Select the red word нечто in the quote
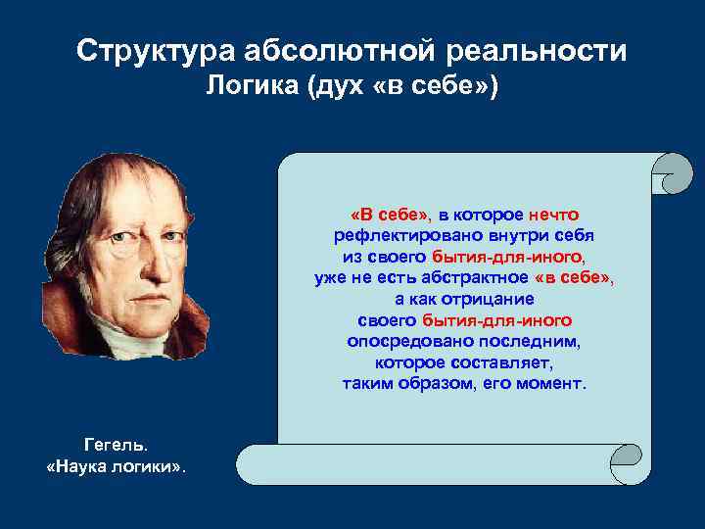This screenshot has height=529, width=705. [x=554, y=215]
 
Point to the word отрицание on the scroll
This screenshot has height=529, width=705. [x=480, y=299]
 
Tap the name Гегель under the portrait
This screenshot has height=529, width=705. [x=116, y=445]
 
